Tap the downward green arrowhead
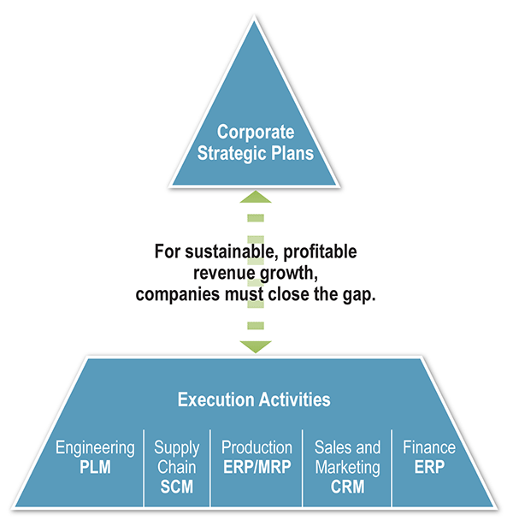point(256,346)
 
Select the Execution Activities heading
point(254,399)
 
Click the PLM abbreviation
point(95,467)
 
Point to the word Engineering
point(95,448)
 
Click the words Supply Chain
point(177,458)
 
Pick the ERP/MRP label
point(256,467)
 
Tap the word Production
point(256,448)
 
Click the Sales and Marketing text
point(347,458)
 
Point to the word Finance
point(429,448)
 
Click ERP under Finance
point(429,467)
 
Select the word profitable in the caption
point(316,252)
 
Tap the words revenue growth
point(255,273)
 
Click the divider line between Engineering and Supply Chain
point(144,466)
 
